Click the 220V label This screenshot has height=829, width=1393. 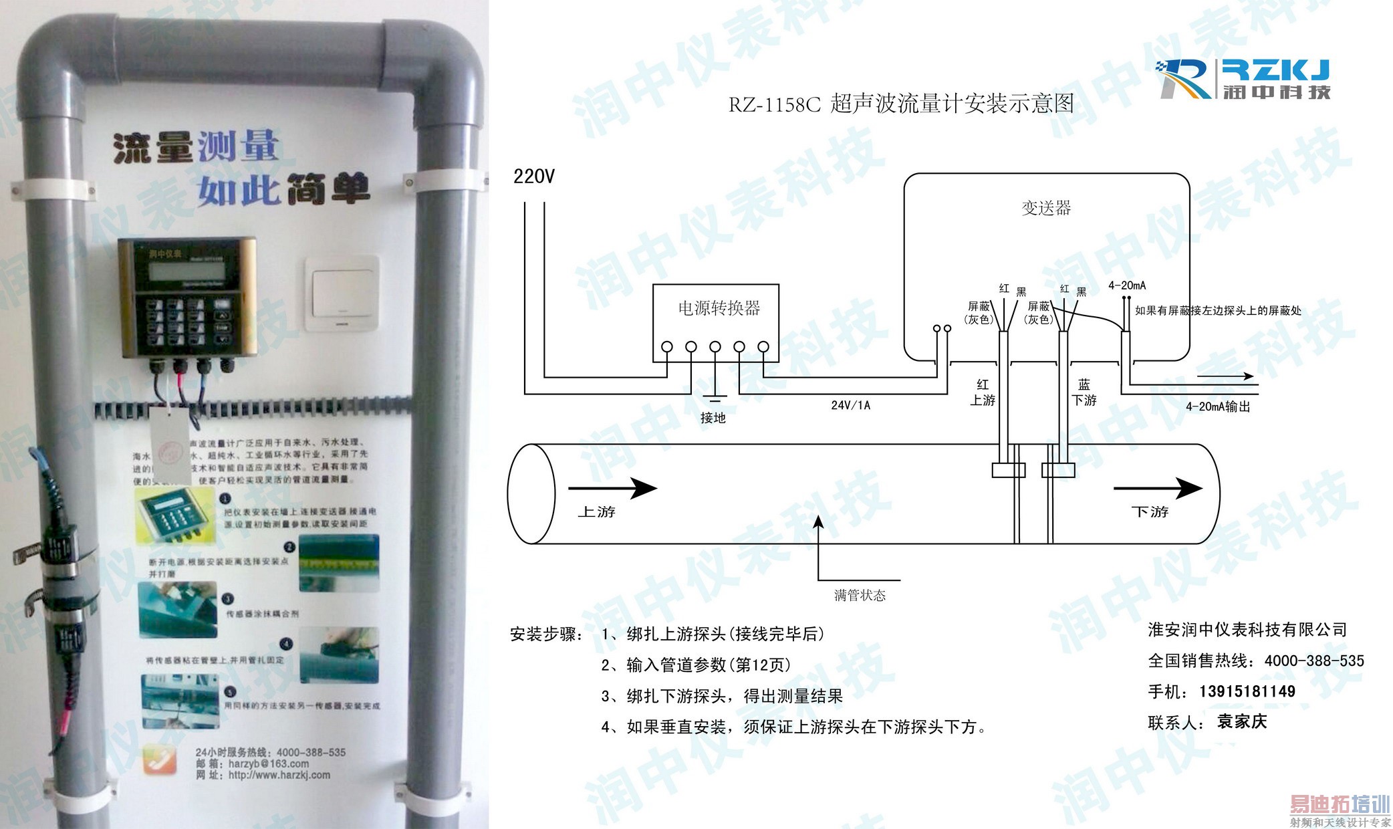coord(533,176)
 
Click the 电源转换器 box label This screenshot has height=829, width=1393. coord(719,308)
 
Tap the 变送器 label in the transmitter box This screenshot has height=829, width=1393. coord(1046,209)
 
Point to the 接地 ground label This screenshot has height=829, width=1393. coord(713,419)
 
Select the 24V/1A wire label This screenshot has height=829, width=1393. coord(850,405)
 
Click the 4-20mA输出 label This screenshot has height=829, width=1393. coord(1218,406)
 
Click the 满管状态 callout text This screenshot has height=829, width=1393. coord(860,596)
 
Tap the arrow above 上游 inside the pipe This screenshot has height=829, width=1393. coord(612,488)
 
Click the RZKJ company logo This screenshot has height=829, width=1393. coord(1243,80)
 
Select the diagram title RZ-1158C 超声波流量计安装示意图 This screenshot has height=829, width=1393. coord(901,104)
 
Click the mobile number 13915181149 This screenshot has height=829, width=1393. coord(1247,691)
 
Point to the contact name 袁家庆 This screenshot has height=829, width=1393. coord(1242,722)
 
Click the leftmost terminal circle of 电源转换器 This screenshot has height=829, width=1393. coord(666,347)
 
